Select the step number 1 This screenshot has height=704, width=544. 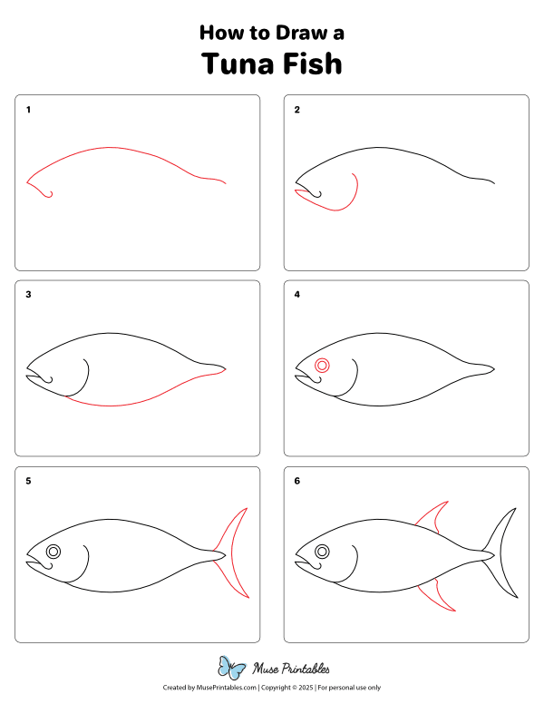pos(28,110)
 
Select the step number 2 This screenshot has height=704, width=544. pos(296,110)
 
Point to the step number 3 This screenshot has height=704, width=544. pos(28,295)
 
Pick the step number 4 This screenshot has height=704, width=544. pos(296,295)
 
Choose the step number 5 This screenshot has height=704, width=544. pos(28,481)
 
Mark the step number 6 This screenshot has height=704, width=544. pos(296,481)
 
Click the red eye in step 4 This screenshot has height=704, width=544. pos(322,366)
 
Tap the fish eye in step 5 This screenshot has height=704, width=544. pos(53,551)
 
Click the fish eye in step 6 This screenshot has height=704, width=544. pos(322,551)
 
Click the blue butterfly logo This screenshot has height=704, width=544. pos(232,669)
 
